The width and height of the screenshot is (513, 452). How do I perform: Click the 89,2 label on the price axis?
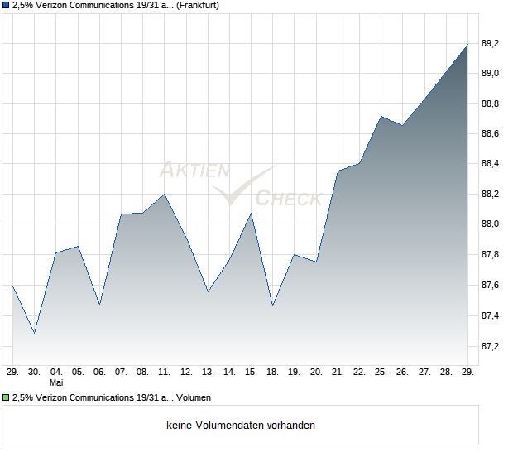coord(490,44)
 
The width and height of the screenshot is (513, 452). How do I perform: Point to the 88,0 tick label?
coord(490,224)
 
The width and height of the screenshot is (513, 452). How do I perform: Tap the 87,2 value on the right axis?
coord(490,346)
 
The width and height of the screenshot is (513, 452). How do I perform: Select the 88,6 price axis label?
coord(490,134)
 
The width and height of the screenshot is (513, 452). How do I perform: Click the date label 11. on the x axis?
coord(164,373)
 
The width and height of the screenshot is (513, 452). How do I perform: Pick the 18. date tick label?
coord(272,373)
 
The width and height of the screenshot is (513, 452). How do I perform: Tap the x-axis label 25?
coord(381,373)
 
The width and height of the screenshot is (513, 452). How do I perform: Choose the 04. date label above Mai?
coord(56,373)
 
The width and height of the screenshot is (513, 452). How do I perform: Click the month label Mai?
coord(56,382)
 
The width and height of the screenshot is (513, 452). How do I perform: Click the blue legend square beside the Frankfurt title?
coord(6,6)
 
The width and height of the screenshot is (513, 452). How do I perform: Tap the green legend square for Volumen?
coord(6,397)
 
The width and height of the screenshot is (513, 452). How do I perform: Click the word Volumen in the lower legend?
coord(194,397)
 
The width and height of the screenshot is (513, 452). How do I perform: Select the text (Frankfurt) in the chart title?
coord(198,6)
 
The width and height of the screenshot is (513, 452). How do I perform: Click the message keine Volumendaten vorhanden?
coord(241,426)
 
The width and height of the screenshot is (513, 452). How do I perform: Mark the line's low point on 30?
coord(35,333)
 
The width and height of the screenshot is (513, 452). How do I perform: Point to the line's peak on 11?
coord(164,194)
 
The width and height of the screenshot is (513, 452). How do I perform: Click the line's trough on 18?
coord(272,306)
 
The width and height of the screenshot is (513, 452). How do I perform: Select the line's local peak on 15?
coord(251,214)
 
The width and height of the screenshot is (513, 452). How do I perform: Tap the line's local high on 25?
coord(381,116)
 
